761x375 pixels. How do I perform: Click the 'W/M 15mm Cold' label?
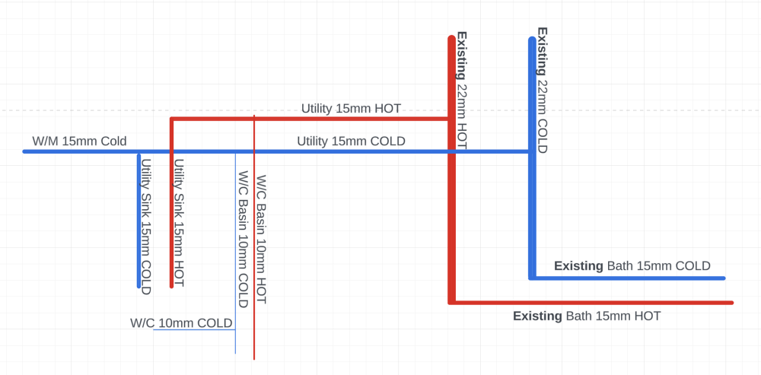[79, 141]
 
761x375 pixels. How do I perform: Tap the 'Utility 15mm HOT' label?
[352, 108]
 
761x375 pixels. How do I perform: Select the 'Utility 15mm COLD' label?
[351, 141]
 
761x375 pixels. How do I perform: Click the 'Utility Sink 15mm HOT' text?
[179, 223]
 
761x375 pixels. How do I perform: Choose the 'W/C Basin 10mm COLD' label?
[244, 239]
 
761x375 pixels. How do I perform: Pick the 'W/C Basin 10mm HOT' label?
[262, 240]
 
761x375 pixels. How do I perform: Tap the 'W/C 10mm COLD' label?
[182, 323]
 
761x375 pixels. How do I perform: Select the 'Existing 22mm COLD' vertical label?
[542, 91]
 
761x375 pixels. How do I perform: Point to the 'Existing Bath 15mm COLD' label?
[632, 266]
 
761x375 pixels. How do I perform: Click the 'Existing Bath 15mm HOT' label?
[587, 316]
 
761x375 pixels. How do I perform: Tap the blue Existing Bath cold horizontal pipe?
[628, 278]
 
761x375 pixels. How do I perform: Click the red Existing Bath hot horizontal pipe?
[591, 303]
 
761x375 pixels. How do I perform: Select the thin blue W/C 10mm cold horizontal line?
[195, 330]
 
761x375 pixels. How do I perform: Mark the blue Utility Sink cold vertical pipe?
[139, 221]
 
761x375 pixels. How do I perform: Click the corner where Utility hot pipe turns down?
[172, 119]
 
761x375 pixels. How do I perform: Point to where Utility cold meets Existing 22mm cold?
[532, 151]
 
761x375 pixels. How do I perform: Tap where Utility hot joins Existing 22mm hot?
[451, 119]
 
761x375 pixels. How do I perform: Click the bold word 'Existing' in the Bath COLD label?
[579, 266]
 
